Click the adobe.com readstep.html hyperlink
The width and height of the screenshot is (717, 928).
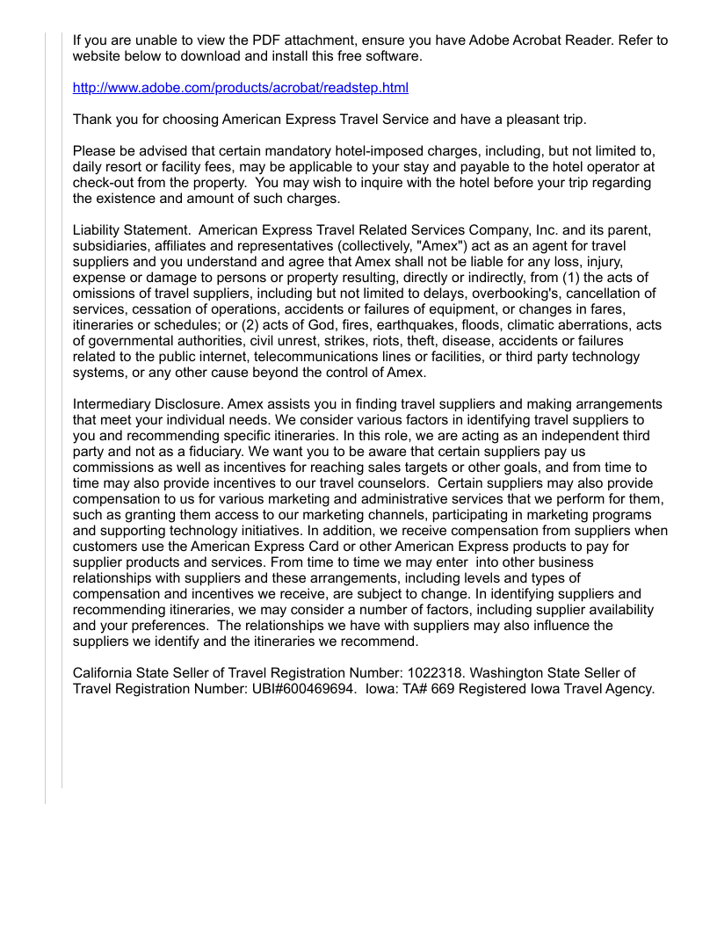(x=241, y=88)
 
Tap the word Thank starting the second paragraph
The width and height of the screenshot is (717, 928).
(x=92, y=120)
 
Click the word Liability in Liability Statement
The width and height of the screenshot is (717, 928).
(x=99, y=229)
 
